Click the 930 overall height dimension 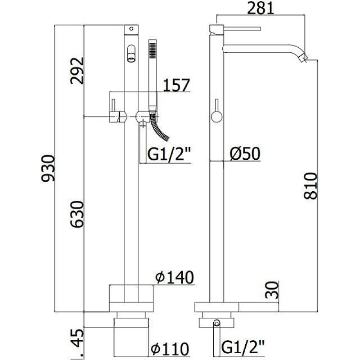tap(48, 168)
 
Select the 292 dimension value tap(77, 71)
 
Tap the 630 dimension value tap(77, 214)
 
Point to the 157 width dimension tap(176, 85)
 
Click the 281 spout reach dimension tap(261, 8)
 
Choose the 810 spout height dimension tap(310, 186)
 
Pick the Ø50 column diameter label tap(245, 153)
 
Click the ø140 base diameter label tap(175, 277)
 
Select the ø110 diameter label tap(170, 349)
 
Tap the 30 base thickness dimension tap(272, 290)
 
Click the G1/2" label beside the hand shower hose tap(169, 154)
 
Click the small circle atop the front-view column tap(131, 29)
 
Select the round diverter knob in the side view tap(216, 116)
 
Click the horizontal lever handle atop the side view tap(242, 29)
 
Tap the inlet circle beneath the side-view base tap(217, 323)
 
